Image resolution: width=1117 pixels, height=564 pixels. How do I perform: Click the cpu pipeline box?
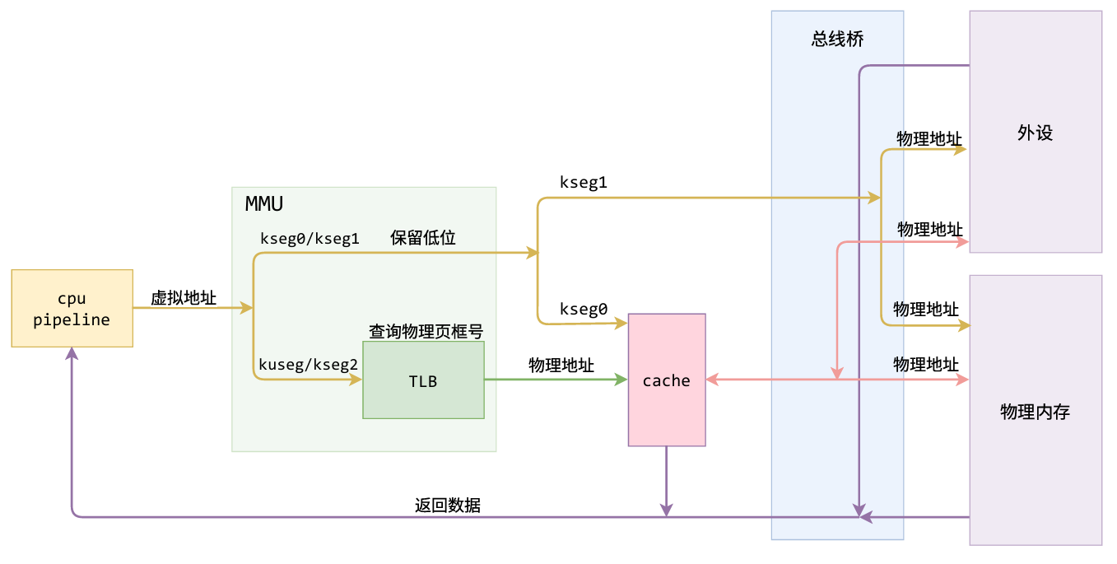pos(72,309)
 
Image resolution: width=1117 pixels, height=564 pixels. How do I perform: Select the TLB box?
pos(423,380)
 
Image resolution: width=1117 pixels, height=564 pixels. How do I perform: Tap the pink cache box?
pos(667,380)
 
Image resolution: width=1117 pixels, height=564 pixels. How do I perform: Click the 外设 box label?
pos(1035,133)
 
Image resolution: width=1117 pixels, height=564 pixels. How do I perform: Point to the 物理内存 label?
pos(1035,412)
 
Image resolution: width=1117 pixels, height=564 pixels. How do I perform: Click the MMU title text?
pos(264,203)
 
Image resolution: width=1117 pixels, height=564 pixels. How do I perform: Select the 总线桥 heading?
pos(837,40)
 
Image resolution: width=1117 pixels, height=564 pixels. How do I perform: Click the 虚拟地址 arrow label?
pos(184,298)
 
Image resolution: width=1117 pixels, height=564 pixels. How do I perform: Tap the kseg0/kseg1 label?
pos(310,239)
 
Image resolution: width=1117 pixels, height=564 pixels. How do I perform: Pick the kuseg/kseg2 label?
pos(309,364)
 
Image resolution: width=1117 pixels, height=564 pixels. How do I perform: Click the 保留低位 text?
pos(423,238)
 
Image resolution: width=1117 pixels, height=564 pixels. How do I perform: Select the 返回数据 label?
pos(448,506)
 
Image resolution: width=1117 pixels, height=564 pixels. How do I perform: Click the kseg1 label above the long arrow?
pos(583,182)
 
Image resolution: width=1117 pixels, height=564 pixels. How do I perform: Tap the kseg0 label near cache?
pos(583,310)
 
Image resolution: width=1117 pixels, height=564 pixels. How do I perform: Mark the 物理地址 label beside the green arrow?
pos(561,365)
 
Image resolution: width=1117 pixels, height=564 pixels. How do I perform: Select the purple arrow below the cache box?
pos(666,482)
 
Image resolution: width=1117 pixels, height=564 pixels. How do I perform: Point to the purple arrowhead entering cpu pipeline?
pos(72,354)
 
